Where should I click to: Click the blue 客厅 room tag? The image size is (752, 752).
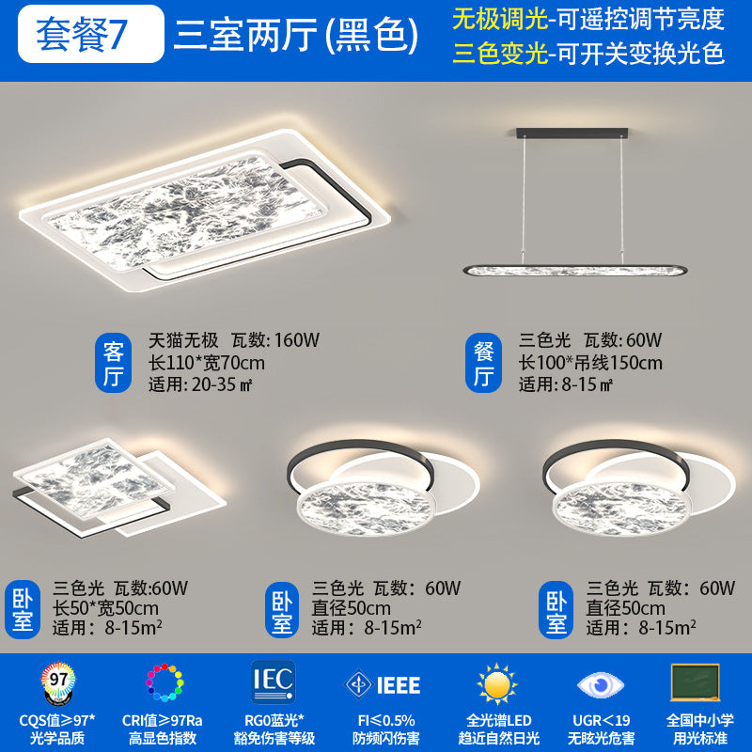tap(114, 363)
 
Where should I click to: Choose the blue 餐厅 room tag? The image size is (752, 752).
tap(483, 363)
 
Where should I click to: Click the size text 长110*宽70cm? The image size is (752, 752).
tap(206, 362)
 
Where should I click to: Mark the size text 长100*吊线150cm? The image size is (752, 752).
tap(590, 362)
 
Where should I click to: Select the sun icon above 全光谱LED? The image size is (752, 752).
tap(496, 683)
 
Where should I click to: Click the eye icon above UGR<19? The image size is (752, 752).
tap(598, 683)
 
